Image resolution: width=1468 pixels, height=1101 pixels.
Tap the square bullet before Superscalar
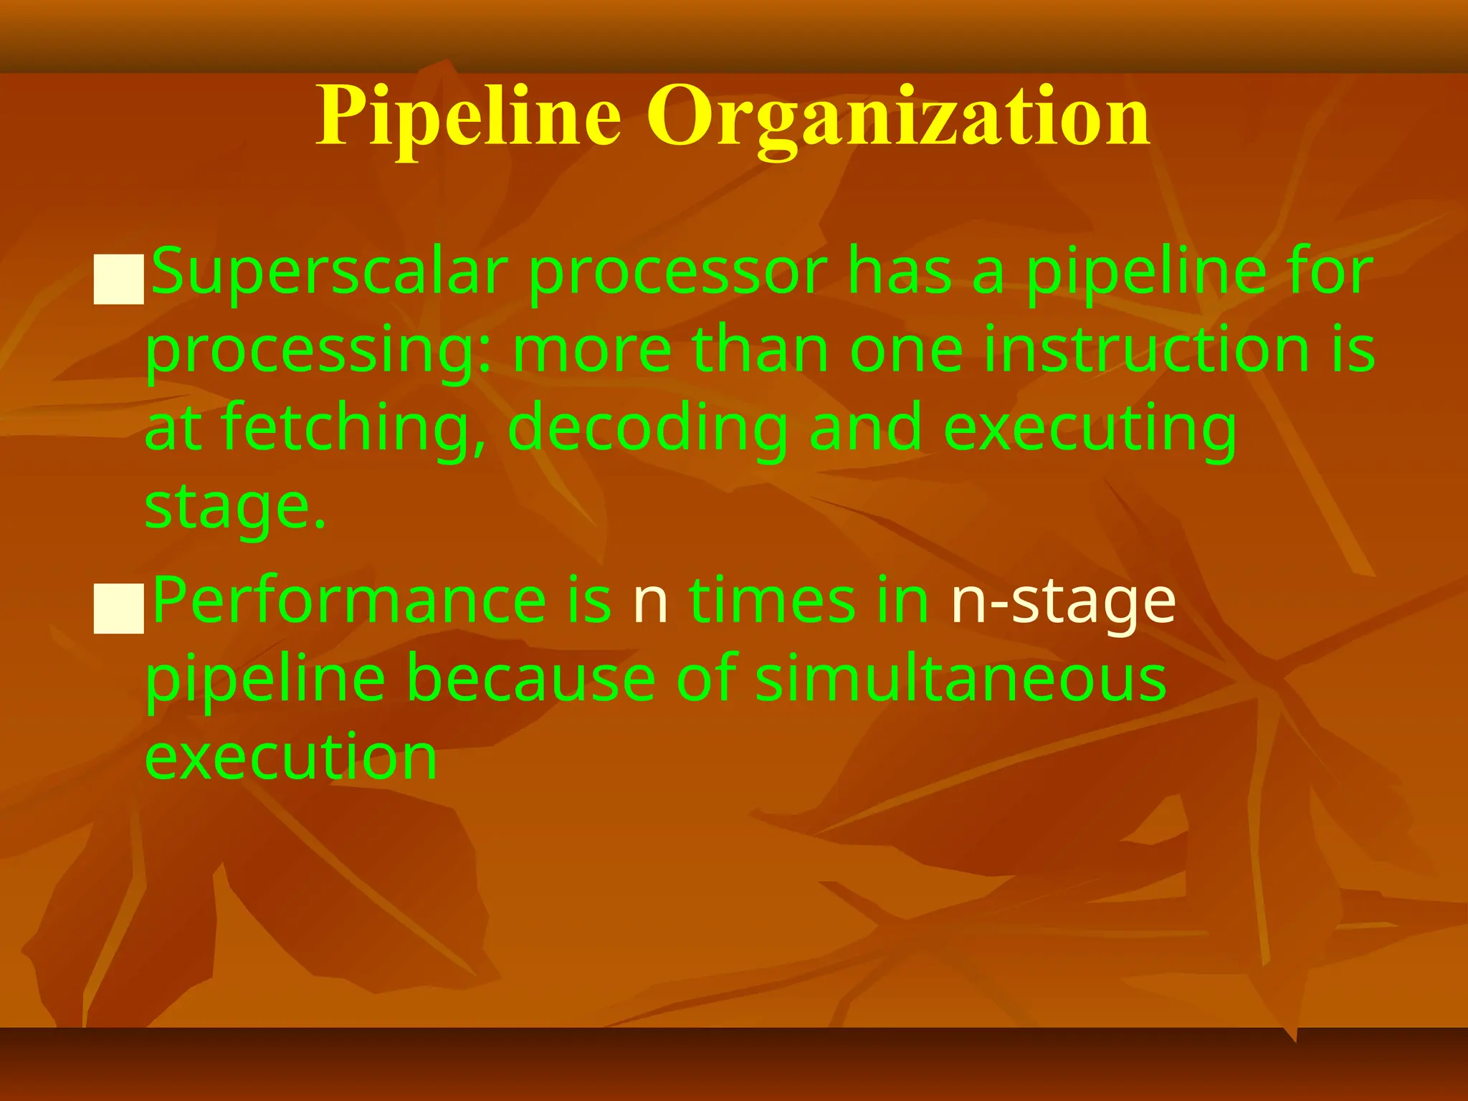click(x=119, y=279)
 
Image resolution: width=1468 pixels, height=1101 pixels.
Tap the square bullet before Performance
click(x=119, y=608)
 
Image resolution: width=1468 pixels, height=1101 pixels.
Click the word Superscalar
click(x=330, y=272)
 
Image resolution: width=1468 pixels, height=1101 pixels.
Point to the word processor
click(x=678, y=274)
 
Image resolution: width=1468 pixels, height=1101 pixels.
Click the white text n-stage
click(x=1063, y=602)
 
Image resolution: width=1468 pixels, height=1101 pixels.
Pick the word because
click(x=531, y=679)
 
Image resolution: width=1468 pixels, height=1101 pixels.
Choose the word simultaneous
click(x=961, y=679)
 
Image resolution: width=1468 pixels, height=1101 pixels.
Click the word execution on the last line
click(x=291, y=757)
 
